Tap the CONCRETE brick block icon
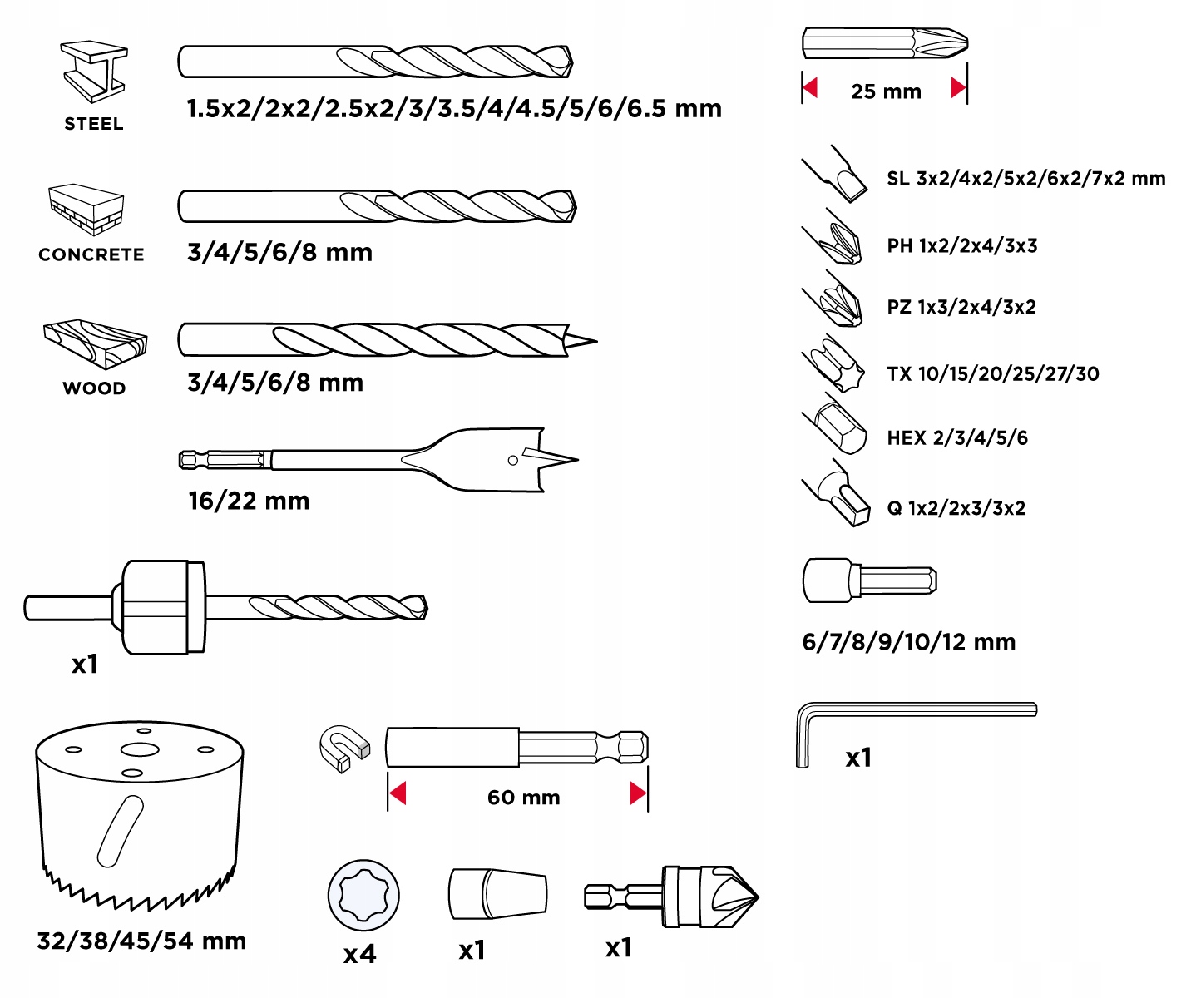coord(86,209)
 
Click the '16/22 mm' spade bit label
coord(249,501)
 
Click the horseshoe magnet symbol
coord(342,748)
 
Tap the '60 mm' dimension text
coord(523,798)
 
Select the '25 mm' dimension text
coord(886,91)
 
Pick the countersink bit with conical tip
coord(674,897)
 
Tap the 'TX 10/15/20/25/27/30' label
coord(992,374)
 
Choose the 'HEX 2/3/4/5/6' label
coord(957,438)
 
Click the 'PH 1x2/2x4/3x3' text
coord(962,245)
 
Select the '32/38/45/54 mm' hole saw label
coord(141,941)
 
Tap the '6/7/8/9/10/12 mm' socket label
coord(909,642)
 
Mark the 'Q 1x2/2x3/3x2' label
coord(956,508)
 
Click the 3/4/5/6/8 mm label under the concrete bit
coord(279,252)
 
